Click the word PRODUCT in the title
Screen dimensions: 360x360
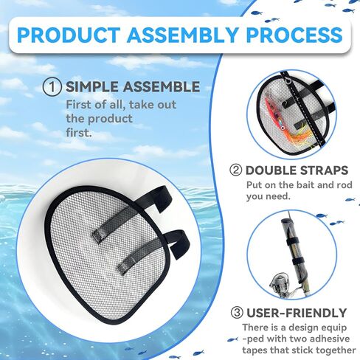[x=69, y=35]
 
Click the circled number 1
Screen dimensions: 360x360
[x=52, y=87]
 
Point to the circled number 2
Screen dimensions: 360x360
[x=235, y=170]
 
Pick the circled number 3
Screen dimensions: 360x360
[x=237, y=313]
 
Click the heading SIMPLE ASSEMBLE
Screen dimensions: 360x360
[x=133, y=87]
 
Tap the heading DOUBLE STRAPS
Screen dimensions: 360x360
[x=297, y=170]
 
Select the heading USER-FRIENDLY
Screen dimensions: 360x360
[x=297, y=313]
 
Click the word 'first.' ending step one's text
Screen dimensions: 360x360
[x=79, y=133]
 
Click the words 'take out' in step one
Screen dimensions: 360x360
[x=153, y=105]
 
